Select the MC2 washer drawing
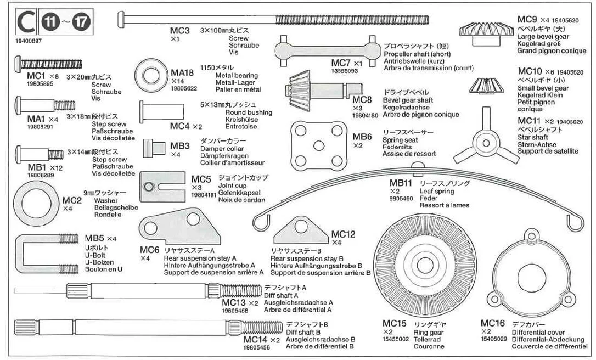click(36, 204)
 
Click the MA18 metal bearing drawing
click(151, 75)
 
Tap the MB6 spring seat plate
click(319, 145)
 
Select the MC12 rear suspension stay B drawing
click(301, 230)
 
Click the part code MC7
click(341, 63)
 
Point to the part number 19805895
click(40, 83)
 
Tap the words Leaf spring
click(437, 191)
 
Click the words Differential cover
click(538, 333)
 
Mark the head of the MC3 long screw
click(121, 19)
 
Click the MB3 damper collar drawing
click(154, 148)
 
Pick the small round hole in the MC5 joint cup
click(149, 187)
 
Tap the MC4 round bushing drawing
click(161, 112)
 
